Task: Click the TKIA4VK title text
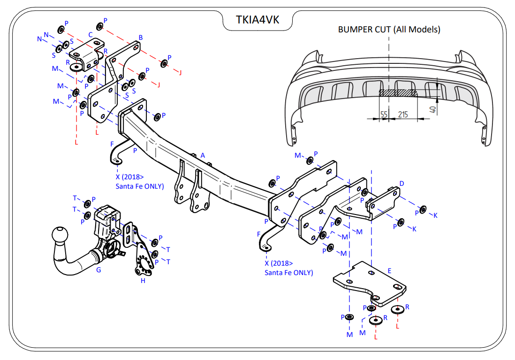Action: [x=257, y=20]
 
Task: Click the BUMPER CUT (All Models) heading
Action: [x=389, y=30]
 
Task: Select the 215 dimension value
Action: [x=403, y=114]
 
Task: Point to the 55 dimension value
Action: [x=384, y=114]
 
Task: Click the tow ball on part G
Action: [x=61, y=236]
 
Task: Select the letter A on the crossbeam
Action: [x=203, y=155]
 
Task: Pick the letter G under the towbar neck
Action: [x=98, y=270]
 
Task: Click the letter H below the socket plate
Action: [x=143, y=281]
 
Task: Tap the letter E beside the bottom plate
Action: [x=389, y=271]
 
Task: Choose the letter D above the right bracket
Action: [x=401, y=183]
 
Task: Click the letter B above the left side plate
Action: [x=140, y=38]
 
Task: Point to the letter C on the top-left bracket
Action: [x=90, y=34]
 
